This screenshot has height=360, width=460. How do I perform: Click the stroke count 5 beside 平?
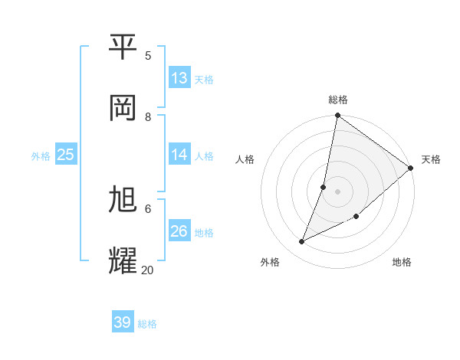coord(148,56)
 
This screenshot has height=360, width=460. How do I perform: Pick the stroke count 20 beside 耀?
coord(147,270)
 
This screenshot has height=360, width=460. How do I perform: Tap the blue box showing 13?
coord(179,77)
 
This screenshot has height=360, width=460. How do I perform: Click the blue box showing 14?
coord(179,155)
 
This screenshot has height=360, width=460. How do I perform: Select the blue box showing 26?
coord(179,231)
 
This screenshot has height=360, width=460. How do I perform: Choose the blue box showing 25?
coord(65,155)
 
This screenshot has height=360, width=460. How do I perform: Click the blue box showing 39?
coord(123,322)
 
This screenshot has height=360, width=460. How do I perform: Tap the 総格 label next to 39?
coord(147,324)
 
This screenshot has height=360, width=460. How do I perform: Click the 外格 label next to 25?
coord(41,155)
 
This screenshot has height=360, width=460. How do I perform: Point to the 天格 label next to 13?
coord(204,79)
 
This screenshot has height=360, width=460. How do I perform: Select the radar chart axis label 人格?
coord(245,159)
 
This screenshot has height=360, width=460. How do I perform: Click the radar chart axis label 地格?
coord(402,262)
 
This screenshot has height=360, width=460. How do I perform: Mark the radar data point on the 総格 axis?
coord(337,116)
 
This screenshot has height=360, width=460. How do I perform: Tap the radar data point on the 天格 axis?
coord(410,168)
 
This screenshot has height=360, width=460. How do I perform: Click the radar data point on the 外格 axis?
coord(302,242)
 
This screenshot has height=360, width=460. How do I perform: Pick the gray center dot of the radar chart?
coord(337,191)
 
